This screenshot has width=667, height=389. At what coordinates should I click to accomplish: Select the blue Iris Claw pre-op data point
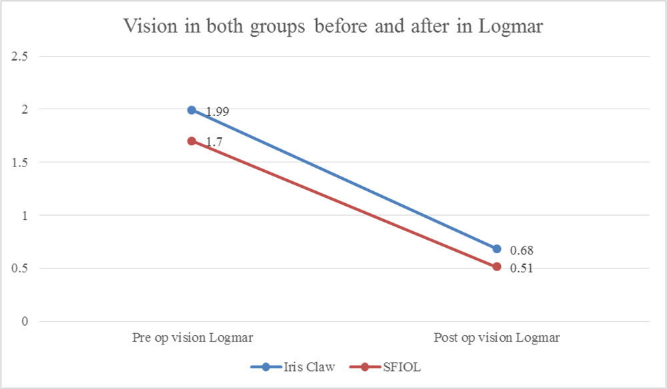click(x=192, y=110)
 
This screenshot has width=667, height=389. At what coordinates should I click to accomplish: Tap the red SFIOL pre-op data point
click(x=192, y=141)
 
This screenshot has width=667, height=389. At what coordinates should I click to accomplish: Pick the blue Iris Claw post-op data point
click(x=497, y=248)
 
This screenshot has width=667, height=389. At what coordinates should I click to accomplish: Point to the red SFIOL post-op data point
click(x=497, y=267)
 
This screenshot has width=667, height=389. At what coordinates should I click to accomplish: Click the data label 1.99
click(x=217, y=112)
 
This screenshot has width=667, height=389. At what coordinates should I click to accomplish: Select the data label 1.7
click(x=213, y=142)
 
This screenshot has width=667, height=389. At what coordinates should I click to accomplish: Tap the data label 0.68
click(x=522, y=250)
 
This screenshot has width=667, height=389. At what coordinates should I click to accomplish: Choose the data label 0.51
click(x=522, y=268)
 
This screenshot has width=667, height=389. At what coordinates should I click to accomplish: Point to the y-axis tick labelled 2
click(x=25, y=109)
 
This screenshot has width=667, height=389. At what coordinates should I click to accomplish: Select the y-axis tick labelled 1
click(x=25, y=215)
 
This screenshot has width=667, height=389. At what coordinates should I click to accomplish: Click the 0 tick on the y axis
click(x=25, y=322)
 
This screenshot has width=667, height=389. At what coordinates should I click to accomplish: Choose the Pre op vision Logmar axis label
click(x=192, y=338)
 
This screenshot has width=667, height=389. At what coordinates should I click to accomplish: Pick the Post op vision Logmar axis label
click(x=497, y=338)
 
